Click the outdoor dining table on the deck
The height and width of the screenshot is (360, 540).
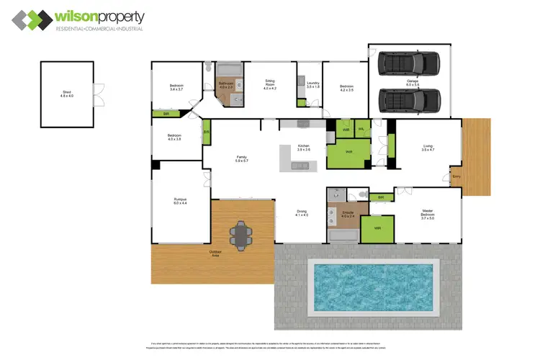(x=240, y=233)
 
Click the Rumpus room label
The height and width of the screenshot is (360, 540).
(x=179, y=201)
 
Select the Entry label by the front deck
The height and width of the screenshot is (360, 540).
(x=455, y=176)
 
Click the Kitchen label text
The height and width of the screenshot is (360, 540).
(x=303, y=145)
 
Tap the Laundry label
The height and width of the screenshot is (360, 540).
(x=312, y=84)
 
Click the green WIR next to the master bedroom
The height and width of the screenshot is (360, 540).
(x=377, y=230)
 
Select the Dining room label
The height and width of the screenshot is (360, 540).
(x=302, y=212)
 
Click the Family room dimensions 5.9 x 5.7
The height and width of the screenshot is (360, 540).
(x=242, y=161)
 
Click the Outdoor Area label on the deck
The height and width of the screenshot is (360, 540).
(x=215, y=253)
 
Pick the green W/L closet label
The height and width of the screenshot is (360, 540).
(x=361, y=130)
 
